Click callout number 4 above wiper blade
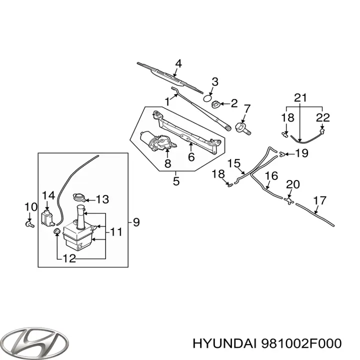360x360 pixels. [178, 63]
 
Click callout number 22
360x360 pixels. [323, 117]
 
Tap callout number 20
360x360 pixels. [292, 184]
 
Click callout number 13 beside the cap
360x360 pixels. [102, 199]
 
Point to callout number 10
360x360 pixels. [30, 206]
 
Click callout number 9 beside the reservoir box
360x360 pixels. [136, 221]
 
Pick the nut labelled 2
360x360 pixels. [216, 104]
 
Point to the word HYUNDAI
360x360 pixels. [223, 343]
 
